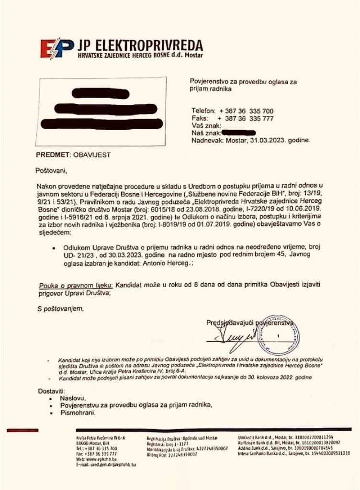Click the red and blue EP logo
[56, 48]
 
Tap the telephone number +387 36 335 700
[246, 111]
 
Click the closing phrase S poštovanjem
[60, 309]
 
